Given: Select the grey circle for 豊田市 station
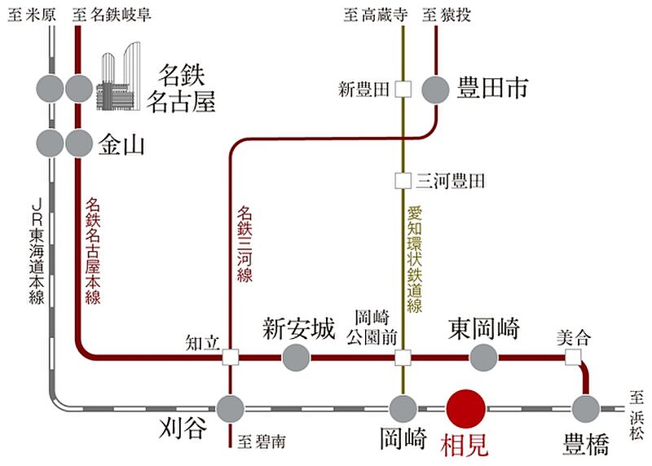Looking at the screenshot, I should click(x=437, y=89).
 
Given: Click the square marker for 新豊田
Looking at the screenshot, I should click(x=402, y=89).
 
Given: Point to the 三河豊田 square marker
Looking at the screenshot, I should click(x=402, y=180).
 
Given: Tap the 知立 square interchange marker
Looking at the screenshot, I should click(x=231, y=356).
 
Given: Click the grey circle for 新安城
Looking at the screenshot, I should click(x=296, y=356).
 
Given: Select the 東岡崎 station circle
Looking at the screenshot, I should click(x=484, y=356).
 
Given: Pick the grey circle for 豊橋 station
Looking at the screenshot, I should click(x=585, y=407).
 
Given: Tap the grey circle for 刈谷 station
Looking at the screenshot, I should click(x=231, y=407).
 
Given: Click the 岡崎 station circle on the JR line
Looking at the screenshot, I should click(x=403, y=407).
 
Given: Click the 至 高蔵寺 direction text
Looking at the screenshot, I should click(x=374, y=14).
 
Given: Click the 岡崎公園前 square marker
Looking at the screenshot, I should click(x=403, y=356).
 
